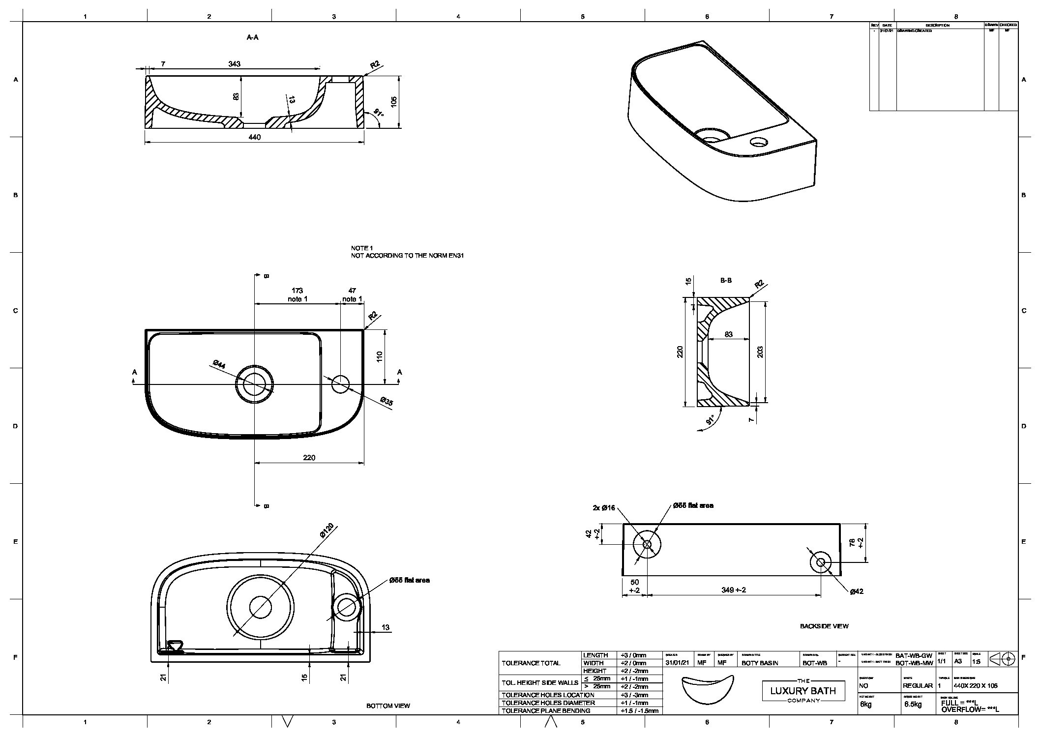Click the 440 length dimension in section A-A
click(x=254, y=137)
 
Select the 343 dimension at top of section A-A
click(x=235, y=64)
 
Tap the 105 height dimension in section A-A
click(x=394, y=102)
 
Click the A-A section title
click(x=252, y=37)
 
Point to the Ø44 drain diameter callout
click(x=219, y=364)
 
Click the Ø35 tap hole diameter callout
click(x=387, y=402)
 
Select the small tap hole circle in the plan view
click(x=340, y=384)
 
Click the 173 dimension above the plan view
click(x=297, y=291)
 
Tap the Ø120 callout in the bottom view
click(x=327, y=531)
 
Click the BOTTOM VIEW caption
click(x=388, y=706)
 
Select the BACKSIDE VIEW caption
click(x=824, y=626)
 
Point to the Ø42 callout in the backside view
click(x=857, y=591)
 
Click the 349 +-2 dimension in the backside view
click(x=734, y=589)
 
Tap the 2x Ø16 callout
click(x=604, y=508)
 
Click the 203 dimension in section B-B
click(x=760, y=352)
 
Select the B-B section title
click(x=726, y=280)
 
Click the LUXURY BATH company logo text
click(x=803, y=691)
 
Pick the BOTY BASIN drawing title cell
click(x=760, y=663)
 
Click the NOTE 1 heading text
click(x=362, y=248)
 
